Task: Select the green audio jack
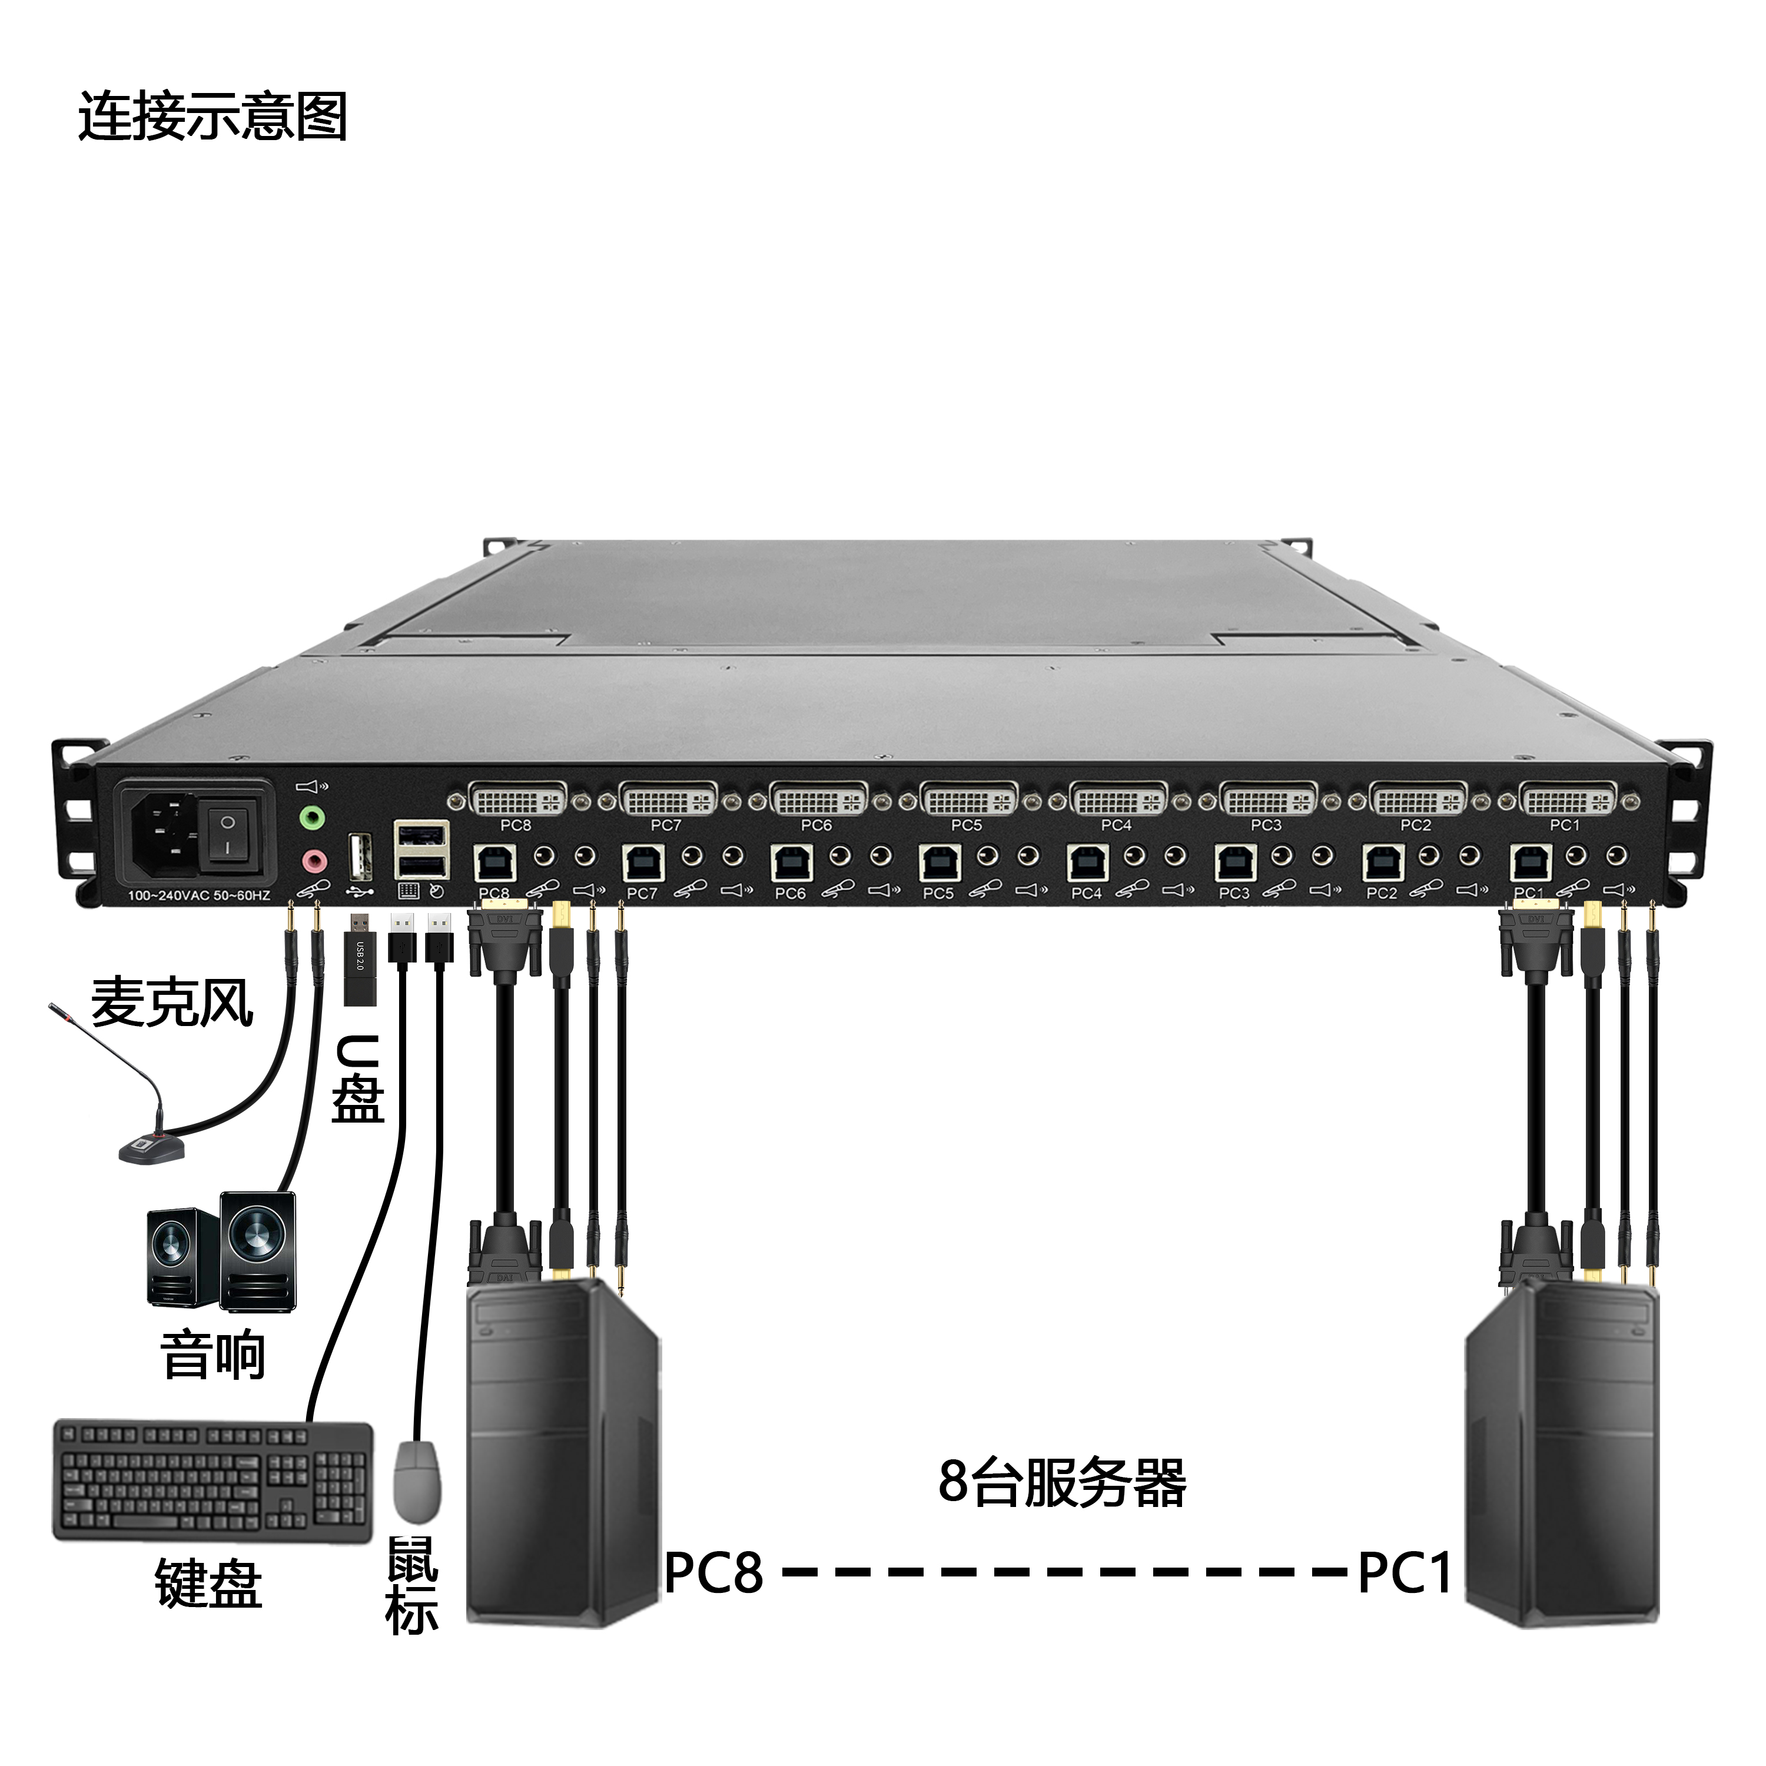tap(313, 817)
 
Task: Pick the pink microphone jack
tap(313, 860)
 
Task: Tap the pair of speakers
tap(221, 1252)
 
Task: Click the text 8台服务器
tap(1062, 1483)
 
